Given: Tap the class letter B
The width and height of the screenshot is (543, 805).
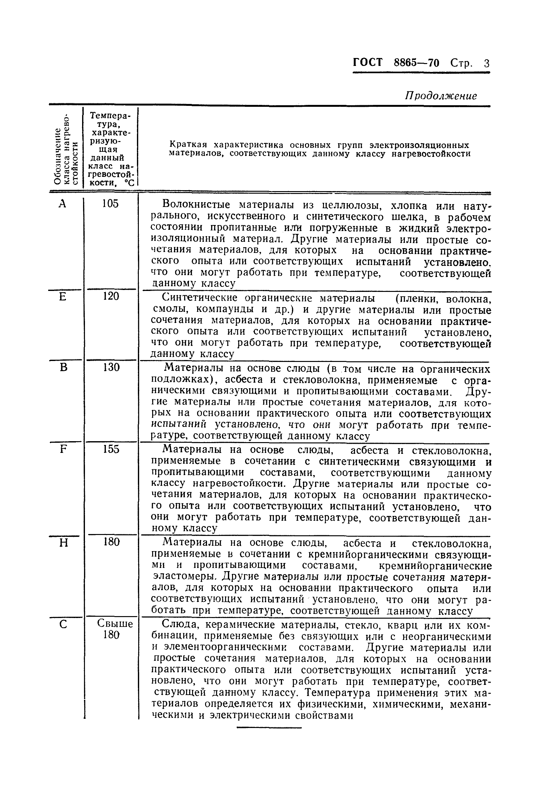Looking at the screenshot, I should click(63, 367).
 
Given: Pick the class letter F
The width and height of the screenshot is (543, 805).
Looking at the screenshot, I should click(63, 449).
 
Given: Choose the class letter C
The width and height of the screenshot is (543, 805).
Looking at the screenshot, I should click(63, 625).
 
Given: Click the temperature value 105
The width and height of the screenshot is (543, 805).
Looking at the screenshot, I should click(110, 203).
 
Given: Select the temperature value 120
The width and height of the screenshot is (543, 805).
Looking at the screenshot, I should click(111, 296).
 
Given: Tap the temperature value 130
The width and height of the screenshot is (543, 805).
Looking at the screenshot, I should click(111, 367).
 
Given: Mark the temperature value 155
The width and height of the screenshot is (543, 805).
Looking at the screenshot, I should click(111, 449).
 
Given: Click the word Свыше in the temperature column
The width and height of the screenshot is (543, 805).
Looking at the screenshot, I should click(115, 624).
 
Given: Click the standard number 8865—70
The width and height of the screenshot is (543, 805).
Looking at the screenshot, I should click(417, 63).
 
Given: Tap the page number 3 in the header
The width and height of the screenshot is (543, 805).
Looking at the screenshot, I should click(487, 63).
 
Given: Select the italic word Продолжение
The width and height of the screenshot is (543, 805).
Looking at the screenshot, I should click(441, 96).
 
